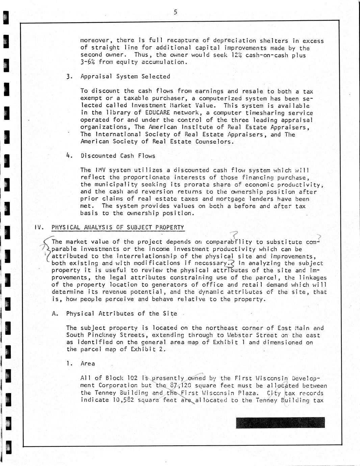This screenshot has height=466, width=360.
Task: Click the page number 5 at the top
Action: coord(175,12)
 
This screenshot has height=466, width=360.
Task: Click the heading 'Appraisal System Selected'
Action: coord(125,77)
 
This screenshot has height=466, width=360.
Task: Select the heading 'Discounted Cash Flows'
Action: coord(118,156)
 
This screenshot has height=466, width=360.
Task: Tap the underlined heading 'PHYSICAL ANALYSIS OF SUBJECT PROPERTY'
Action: coord(118,228)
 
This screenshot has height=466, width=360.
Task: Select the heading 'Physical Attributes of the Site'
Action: coord(121,314)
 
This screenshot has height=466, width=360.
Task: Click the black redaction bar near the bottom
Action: coord(280,423)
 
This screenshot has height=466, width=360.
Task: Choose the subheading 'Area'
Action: coord(88,364)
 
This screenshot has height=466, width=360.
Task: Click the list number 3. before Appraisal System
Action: coord(70,77)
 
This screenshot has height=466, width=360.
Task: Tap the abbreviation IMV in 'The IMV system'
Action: coord(100,170)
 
